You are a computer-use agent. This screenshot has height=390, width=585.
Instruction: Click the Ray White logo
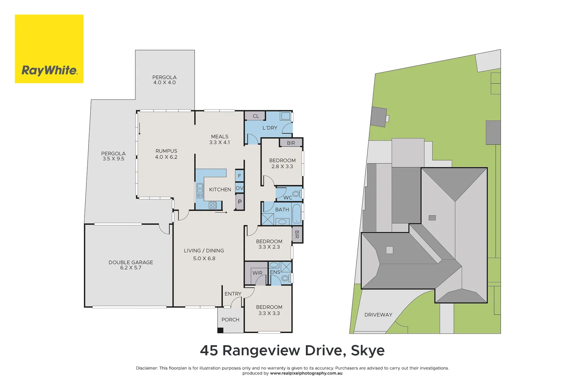[x=49, y=49]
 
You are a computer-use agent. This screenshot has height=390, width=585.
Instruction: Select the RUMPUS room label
[x=166, y=151]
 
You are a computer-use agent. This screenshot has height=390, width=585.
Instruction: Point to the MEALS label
[x=220, y=136]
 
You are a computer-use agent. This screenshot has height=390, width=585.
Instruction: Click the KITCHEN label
[x=220, y=190]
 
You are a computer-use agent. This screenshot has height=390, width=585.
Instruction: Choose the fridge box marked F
[x=239, y=176]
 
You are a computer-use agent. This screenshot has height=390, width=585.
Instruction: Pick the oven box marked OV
[x=239, y=188]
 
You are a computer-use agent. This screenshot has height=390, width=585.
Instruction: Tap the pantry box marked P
[x=239, y=202]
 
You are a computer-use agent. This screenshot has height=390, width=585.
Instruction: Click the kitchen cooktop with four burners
[x=213, y=205]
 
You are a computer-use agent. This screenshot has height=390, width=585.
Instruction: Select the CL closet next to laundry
[x=256, y=116]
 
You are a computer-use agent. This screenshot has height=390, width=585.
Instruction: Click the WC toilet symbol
[x=296, y=194]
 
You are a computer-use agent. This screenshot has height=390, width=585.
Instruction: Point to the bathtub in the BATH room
[x=296, y=214]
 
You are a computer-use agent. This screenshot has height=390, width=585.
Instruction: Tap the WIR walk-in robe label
[x=257, y=273]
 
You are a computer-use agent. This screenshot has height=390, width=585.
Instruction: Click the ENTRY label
[x=233, y=294]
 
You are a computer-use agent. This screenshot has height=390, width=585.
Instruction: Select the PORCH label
[x=230, y=320]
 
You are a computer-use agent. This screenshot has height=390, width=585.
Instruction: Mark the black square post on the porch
[x=220, y=330]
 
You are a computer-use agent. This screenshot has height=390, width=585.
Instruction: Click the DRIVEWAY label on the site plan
[x=378, y=315]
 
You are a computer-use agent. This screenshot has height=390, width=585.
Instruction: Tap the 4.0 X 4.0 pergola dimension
[x=164, y=83]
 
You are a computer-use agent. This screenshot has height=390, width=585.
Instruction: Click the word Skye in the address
[x=368, y=351]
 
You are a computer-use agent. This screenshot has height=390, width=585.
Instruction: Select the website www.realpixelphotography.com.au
[x=306, y=373]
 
